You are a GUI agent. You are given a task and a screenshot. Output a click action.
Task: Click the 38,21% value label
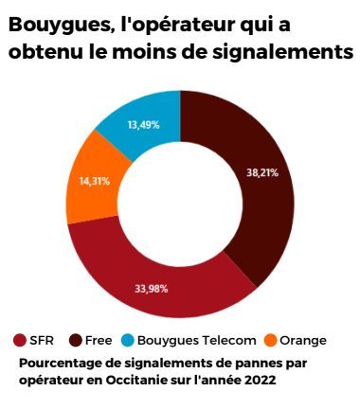pyautogui.click(x=263, y=174)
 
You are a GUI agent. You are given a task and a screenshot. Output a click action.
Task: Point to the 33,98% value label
pyautogui.click(x=152, y=288)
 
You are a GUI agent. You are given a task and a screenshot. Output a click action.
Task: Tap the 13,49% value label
pyautogui.click(x=142, y=124)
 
